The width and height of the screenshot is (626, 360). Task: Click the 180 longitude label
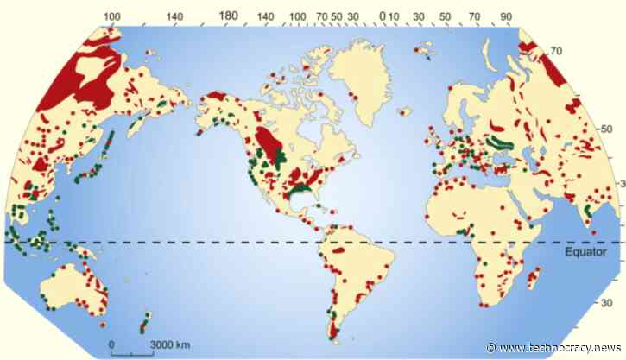[x=228, y=16]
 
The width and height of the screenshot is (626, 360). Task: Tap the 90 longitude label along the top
[x=505, y=16]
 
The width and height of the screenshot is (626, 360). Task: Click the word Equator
[x=587, y=253]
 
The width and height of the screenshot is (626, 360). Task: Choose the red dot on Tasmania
[x=103, y=325]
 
